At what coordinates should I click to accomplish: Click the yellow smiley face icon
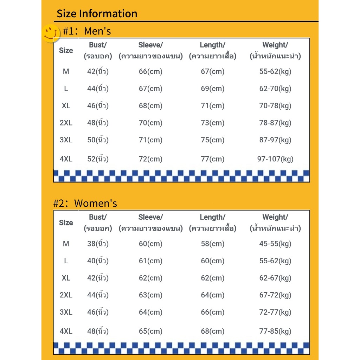[x=51, y=33]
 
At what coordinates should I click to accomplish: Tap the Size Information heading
[x=97, y=14]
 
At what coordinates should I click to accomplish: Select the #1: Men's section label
[x=87, y=31]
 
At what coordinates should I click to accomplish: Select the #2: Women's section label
[x=85, y=204]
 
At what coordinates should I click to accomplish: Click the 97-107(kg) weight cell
[x=275, y=159]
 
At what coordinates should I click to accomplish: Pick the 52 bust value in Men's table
[x=98, y=159]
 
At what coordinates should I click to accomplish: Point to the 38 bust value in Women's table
[x=98, y=244]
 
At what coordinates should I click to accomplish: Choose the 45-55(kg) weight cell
[x=275, y=244]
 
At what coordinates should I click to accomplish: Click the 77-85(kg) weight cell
[x=275, y=331]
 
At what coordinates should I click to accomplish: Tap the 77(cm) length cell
[x=212, y=159]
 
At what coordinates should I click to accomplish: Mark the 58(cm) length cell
[x=212, y=244]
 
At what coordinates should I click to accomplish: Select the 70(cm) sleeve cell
[x=150, y=123]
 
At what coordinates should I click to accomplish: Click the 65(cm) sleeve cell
[x=150, y=331]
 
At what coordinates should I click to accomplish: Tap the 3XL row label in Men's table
[x=66, y=140]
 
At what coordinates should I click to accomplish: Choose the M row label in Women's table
[x=66, y=244]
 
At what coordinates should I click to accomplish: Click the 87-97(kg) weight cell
[x=275, y=140]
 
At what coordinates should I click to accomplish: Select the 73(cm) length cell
[x=212, y=123]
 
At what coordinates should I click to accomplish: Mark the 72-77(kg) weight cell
[x=275, y=312]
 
